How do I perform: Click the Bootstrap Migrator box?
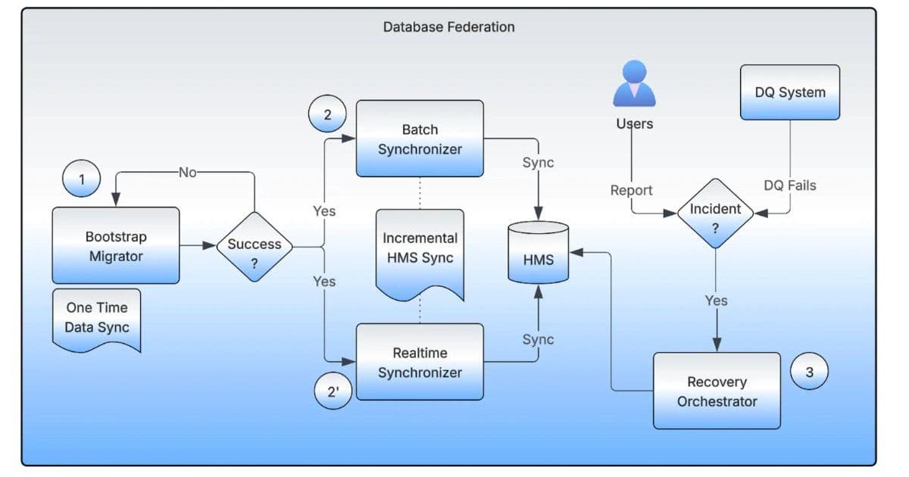click(x=116, y=246)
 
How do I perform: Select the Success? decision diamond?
click(x=255, y=246)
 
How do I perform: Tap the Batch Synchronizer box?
click(x=420, y=139)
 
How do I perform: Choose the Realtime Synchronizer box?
click(x=420, y=362)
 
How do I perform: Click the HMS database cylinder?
click(x=538, y=253)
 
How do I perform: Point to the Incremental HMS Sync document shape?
click(x=420, y=250)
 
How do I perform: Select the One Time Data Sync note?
click(x=97, y=318)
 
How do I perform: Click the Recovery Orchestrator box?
click(x=717, y=391)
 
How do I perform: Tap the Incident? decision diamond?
click(x=715, y=214)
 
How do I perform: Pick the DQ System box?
click(x=790, y=92)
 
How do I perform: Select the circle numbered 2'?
click(x=333, y=391)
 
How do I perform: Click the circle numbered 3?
click(x=809, y=372)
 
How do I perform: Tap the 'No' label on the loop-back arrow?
click(x=186, y=173)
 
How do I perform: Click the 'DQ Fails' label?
click(x=790, y=185)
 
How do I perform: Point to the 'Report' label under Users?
click(x=631, y=190)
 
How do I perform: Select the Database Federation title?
click(x=448, y=27)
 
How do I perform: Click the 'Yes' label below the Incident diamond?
click(x=716, y=301)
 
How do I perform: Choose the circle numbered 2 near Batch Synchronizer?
click(x=327, y=115)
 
